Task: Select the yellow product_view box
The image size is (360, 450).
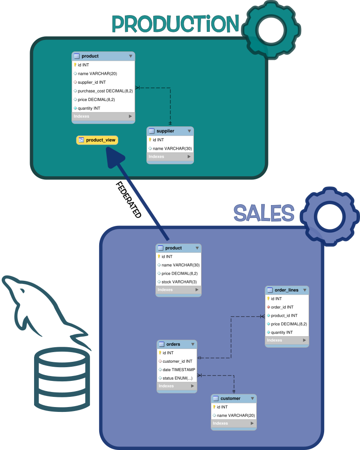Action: click(97, 140)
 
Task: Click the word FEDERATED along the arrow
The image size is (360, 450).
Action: click(128, 199)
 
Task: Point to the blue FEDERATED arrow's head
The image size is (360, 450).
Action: click(114, 157)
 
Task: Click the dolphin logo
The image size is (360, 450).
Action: click(42, 310)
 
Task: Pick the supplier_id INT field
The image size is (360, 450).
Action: click(91, 82)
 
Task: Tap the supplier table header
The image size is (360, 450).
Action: click(170, 131)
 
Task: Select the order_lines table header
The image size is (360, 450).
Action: click(286, 290)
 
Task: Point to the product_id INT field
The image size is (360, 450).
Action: click(284, 315)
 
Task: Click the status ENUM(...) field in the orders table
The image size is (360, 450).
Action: click(177, 378)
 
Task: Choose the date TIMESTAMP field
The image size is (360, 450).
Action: click(178, 369)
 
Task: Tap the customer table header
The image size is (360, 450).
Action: click(234, 398)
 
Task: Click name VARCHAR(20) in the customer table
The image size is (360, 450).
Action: click(235, 415)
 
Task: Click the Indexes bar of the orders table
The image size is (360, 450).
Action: click(176, 386)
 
